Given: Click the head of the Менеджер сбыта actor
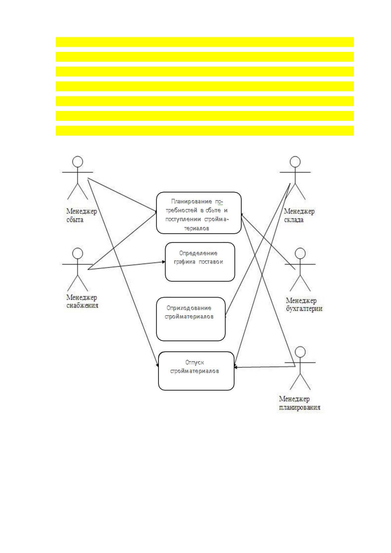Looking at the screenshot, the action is [78, 161].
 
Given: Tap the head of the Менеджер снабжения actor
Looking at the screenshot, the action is [78, 253].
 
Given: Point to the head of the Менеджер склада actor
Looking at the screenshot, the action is [295, 161].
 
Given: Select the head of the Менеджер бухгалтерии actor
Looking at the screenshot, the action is [300, 253].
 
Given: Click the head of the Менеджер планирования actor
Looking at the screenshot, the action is [300, 352].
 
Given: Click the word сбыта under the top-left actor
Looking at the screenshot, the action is [75, 220].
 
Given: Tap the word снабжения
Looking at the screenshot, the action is [82, 306].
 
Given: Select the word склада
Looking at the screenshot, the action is [293, 220].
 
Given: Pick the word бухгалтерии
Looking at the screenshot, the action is [304, 309].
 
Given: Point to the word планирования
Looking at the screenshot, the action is [300, 407].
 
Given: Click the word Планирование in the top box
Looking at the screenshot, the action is [191, 201].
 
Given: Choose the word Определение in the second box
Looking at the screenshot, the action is [198, 253].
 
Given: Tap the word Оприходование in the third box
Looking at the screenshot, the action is [189, 308].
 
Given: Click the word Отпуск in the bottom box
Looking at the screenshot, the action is [194, 363].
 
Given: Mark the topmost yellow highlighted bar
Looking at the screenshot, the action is [205, 42].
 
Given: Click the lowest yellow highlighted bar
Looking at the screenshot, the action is [205, 131].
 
